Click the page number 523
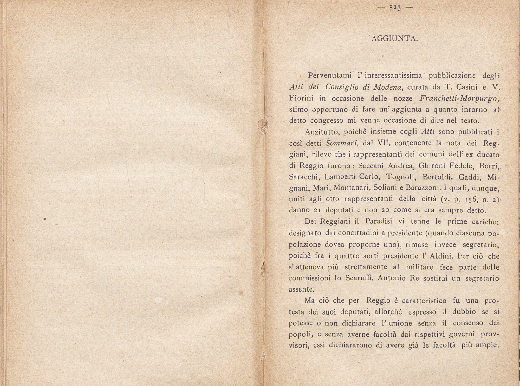pos(395,8)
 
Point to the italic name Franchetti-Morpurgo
pos(459,99)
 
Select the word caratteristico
pos(424,301)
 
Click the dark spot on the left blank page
pos(45,219)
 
